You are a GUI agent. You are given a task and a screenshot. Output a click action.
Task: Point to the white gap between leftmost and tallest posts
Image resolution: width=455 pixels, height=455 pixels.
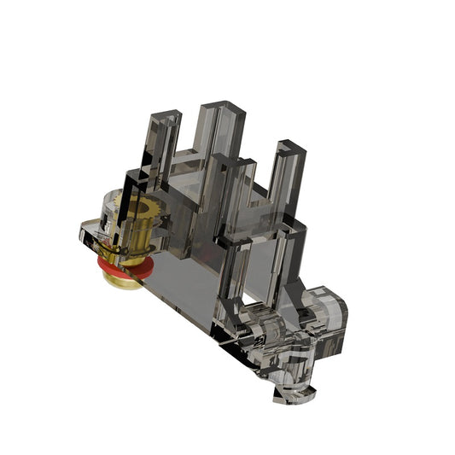click(x=190, y=137)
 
